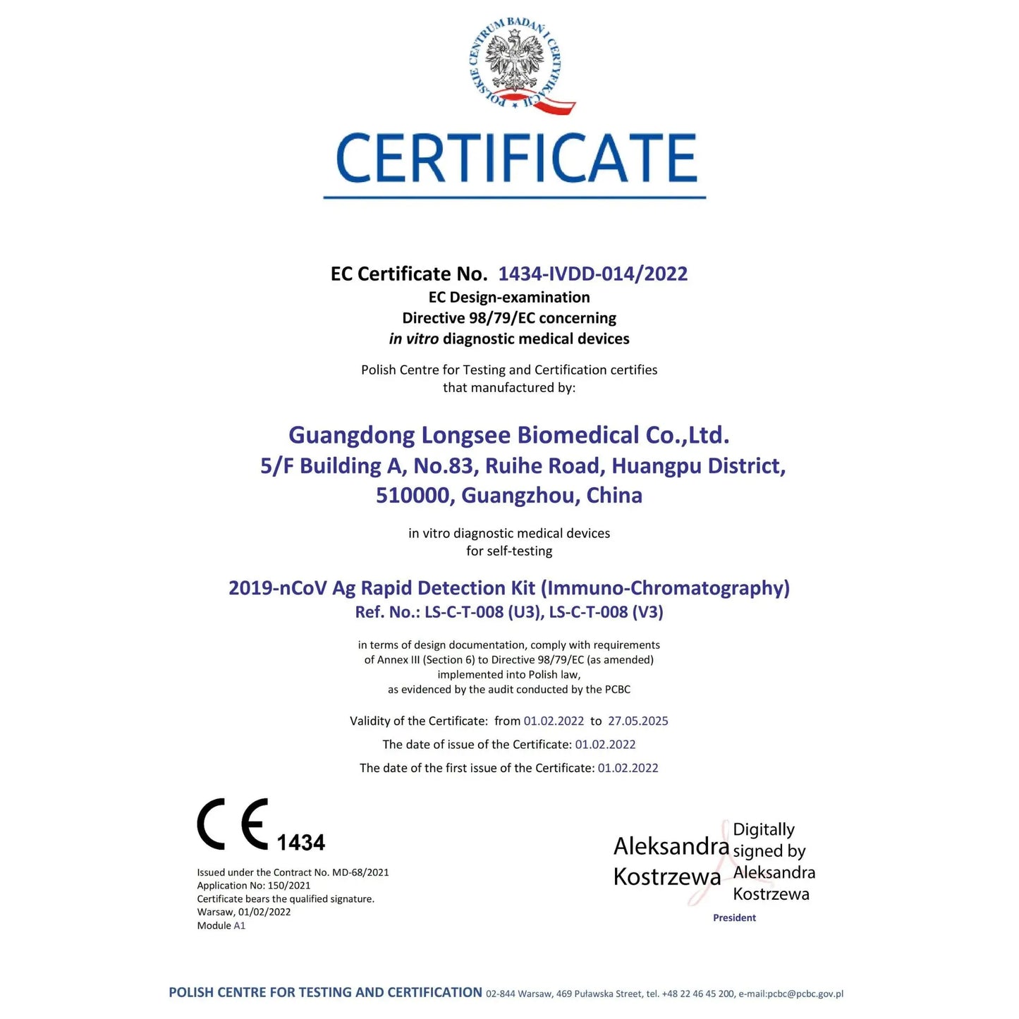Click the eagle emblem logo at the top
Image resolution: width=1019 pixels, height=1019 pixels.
coord(519,64)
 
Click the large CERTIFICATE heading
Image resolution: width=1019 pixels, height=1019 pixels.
coord(515,159)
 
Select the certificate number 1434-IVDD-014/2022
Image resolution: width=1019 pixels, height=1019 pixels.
coord(592,274)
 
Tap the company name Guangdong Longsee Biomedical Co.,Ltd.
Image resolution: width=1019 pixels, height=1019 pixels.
coord(508,435)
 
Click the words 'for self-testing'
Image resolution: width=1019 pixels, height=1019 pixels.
coord(509,551)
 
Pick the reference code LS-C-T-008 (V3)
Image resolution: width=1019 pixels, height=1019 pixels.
coord(606,612)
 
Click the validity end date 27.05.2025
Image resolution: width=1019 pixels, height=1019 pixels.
coord(637,721)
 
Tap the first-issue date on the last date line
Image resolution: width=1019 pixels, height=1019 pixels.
coord(628,768)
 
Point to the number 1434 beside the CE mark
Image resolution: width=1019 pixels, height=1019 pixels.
coord(300,843)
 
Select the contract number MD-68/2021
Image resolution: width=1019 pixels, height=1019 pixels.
coord(360,872)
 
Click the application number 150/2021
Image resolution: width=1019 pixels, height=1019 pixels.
coord(289,886)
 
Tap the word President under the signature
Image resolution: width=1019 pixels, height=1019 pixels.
coord(734,917)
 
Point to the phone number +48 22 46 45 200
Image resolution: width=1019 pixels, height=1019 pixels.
coord(698,994)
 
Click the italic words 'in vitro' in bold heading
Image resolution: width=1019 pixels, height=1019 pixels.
coord(413,339)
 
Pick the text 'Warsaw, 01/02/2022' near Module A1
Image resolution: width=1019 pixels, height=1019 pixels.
coord(243,912)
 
